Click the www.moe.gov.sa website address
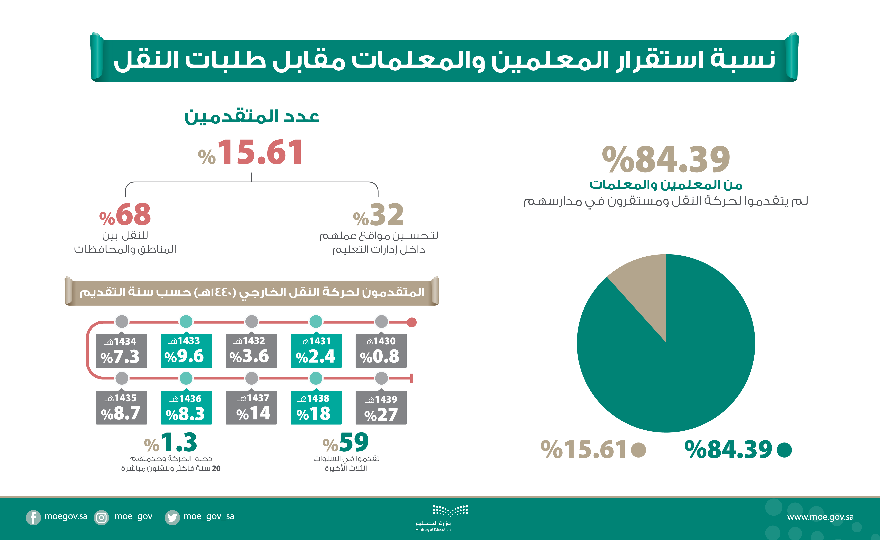pos(820,517)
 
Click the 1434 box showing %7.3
pos(121,351)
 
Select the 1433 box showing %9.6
pos(186,351)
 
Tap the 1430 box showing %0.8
pos(381,351)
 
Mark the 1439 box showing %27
pos(381,408)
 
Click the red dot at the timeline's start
pos(412,322)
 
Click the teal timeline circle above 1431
pos(316,321)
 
